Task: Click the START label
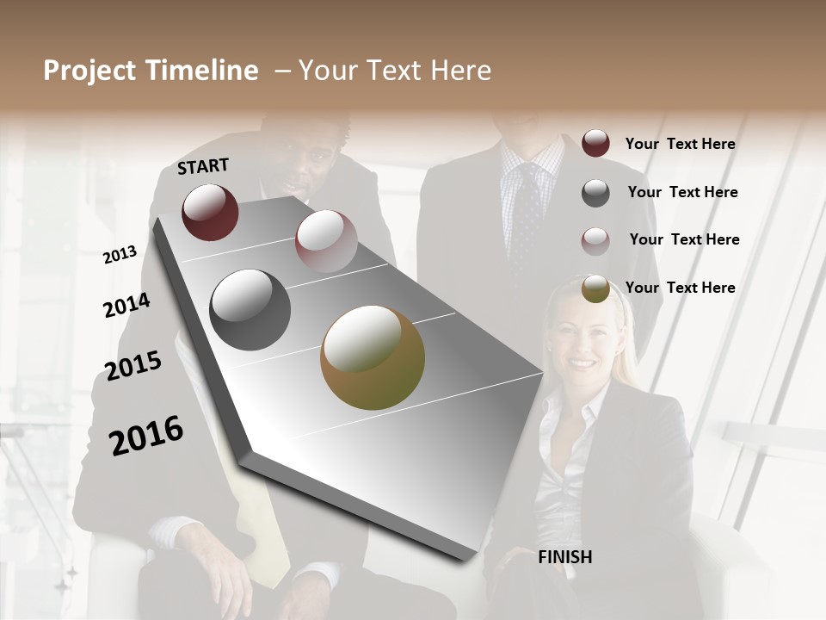pyautogui.click(x=203, y=166)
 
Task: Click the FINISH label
pyautogui.click(x=564, y=557)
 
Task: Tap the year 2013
pyautogui.click(x=120, y=254)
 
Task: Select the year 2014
pyautogui.click(x=126, y=306)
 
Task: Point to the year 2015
pyautogui.click(x=133, y=366)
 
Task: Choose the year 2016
pyautogui.click(x=146, y=435)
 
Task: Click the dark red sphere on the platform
pyautogui.click(x=210, y=212)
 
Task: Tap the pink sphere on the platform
pyautogui.click(x=326, y=241)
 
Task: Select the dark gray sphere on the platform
pyautogui.click(x=250, y=310)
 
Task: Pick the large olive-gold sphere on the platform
pyautogui.click(x=373, y=357)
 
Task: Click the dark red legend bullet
pyautogui.click(x=595, y=143)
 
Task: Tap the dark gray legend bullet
pyautogui.click(x=595, y=193)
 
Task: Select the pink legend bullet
pyautogui.click(x=595, y=241)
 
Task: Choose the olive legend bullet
pyautogui.click(x=595, y=289)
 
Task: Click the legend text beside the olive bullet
pyautogui.click(x=680, y=288)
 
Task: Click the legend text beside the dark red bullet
pyautogui.click(x=680, y=144)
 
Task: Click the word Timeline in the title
pyautogui.click(x=200, y=71)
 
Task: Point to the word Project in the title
pyautogui.click(x=89, y=71)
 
